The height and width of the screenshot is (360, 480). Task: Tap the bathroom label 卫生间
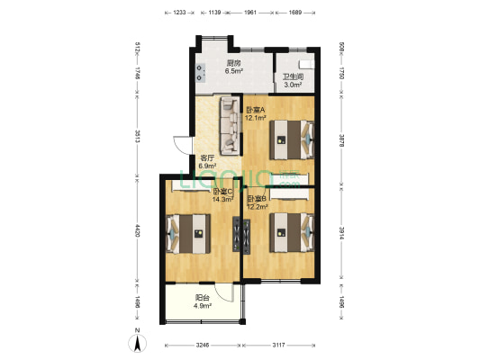[293, 76]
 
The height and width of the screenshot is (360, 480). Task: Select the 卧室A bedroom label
[256, 110]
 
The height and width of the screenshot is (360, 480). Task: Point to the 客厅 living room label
[207, 157]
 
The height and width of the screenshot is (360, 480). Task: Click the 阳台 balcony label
[204, 298]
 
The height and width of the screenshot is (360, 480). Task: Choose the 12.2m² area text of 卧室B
[258, 206]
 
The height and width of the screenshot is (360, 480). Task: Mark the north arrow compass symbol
[135, 340]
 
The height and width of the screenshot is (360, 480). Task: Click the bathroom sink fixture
[306, 65]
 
